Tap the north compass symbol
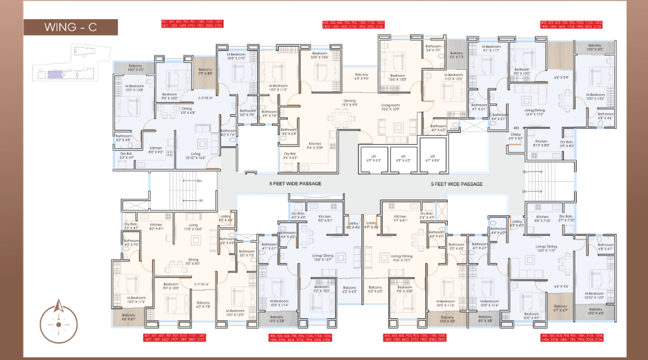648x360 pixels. pos(58,320)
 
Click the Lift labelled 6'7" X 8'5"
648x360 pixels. pos(430,159)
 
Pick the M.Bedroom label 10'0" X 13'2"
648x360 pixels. pos(595,97)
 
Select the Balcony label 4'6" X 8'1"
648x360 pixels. pos(129,317)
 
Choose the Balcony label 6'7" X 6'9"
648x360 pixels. pos(561,309)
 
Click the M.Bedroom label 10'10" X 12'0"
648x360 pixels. pos(595,296)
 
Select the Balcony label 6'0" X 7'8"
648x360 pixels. pos(203,304)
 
